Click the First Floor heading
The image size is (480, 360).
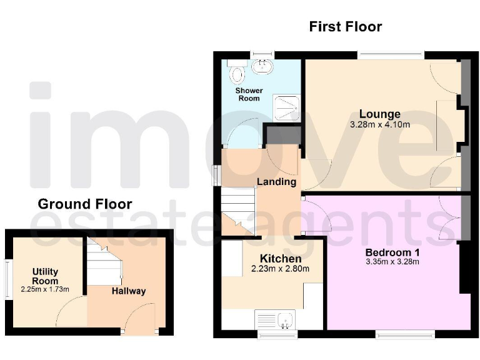tap(345, 27)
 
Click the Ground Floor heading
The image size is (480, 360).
tap(85, 204)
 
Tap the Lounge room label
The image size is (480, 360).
tap(379, 114)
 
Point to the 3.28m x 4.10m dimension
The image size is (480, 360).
tap(380, 124)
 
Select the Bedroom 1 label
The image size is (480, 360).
tap(392, 252)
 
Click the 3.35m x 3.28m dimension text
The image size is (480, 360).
tap(392, 262)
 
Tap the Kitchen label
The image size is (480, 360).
tap(281, 259)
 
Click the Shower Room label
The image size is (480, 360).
tap(249, 94)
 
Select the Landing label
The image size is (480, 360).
tap(276, 182)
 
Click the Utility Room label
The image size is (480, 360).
tap(45, 276)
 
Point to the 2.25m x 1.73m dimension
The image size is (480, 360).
tap(45, 289)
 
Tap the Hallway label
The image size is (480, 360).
tap(129, 291)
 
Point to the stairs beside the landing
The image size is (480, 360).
tap(237, 212)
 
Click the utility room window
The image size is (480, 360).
tap(8, 279)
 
